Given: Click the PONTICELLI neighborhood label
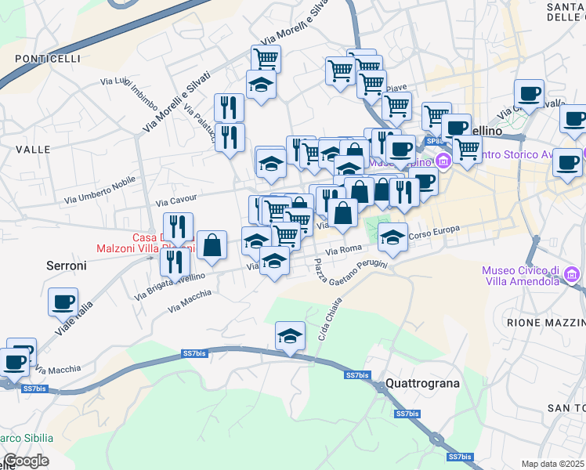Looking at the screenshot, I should click(x=47, y=59).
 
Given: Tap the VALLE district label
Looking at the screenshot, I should click(x=32, y=149).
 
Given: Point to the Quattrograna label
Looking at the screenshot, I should click(x=422, y=384).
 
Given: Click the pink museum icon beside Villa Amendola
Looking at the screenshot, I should click(x=573, y=275).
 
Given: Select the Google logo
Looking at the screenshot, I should click(x=25, y=461).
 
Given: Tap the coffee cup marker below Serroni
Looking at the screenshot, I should click(x=63, y=301).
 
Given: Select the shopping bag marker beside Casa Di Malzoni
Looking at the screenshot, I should click(x=212, y=245).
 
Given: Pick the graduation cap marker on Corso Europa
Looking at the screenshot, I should click(x=393, y=236).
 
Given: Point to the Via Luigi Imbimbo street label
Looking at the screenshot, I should click(x=129, y=89).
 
